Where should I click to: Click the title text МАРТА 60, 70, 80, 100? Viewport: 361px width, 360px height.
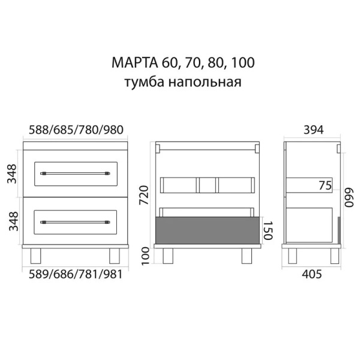(179, 62)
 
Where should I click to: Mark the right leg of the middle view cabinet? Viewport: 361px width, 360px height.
(246, 256)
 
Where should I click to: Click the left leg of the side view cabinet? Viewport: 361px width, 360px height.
(293, 256)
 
